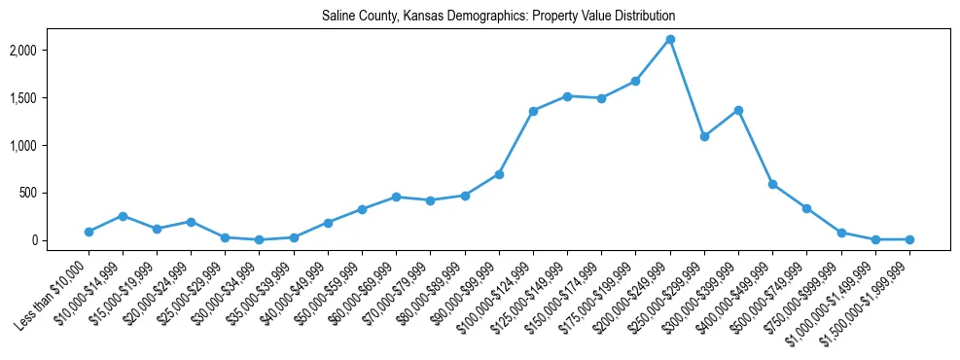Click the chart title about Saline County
pos(498,17)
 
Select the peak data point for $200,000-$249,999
pos(670,40)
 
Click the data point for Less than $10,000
pos(89,232)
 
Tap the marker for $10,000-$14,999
pos(123,216)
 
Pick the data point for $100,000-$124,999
pos(533,111)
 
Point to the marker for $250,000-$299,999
pos(704,136)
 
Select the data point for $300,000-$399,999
pos(738,110)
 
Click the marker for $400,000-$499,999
pos(772,184)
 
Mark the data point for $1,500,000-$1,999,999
pos(909,239)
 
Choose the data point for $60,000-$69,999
pos(396,197)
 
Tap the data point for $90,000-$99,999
pos(499,174)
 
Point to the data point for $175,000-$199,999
pos(636,81)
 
